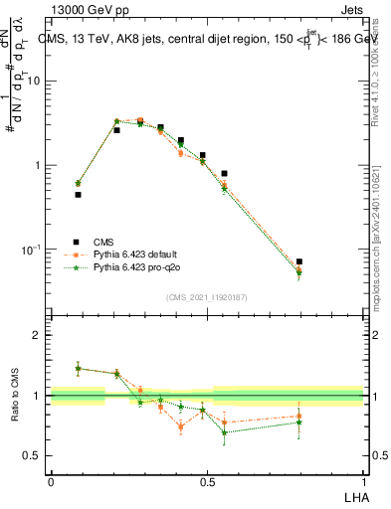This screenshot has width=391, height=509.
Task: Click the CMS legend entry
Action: (x=101, y=242)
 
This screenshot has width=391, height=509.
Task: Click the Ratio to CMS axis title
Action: (x=16, y=395)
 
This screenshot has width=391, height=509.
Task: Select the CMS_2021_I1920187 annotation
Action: (x=207, y=295)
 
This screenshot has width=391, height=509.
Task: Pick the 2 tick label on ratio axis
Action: (x=39, y=335)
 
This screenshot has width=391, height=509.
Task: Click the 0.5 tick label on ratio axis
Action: (x=35, y=455)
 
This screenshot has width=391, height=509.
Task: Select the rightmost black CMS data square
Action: (x=299, y=261)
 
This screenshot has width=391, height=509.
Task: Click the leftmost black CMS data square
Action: (x=78, y=195)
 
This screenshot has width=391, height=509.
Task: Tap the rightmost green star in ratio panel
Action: (x=299, y=423)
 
